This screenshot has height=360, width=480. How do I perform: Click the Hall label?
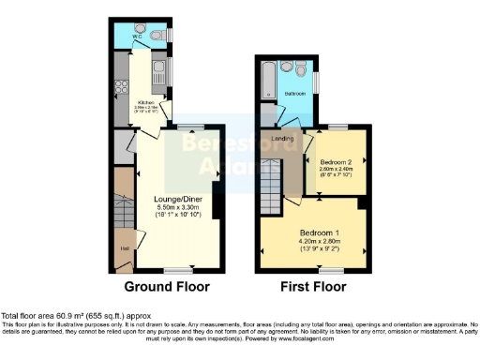124,248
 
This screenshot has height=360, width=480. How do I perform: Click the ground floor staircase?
123,202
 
